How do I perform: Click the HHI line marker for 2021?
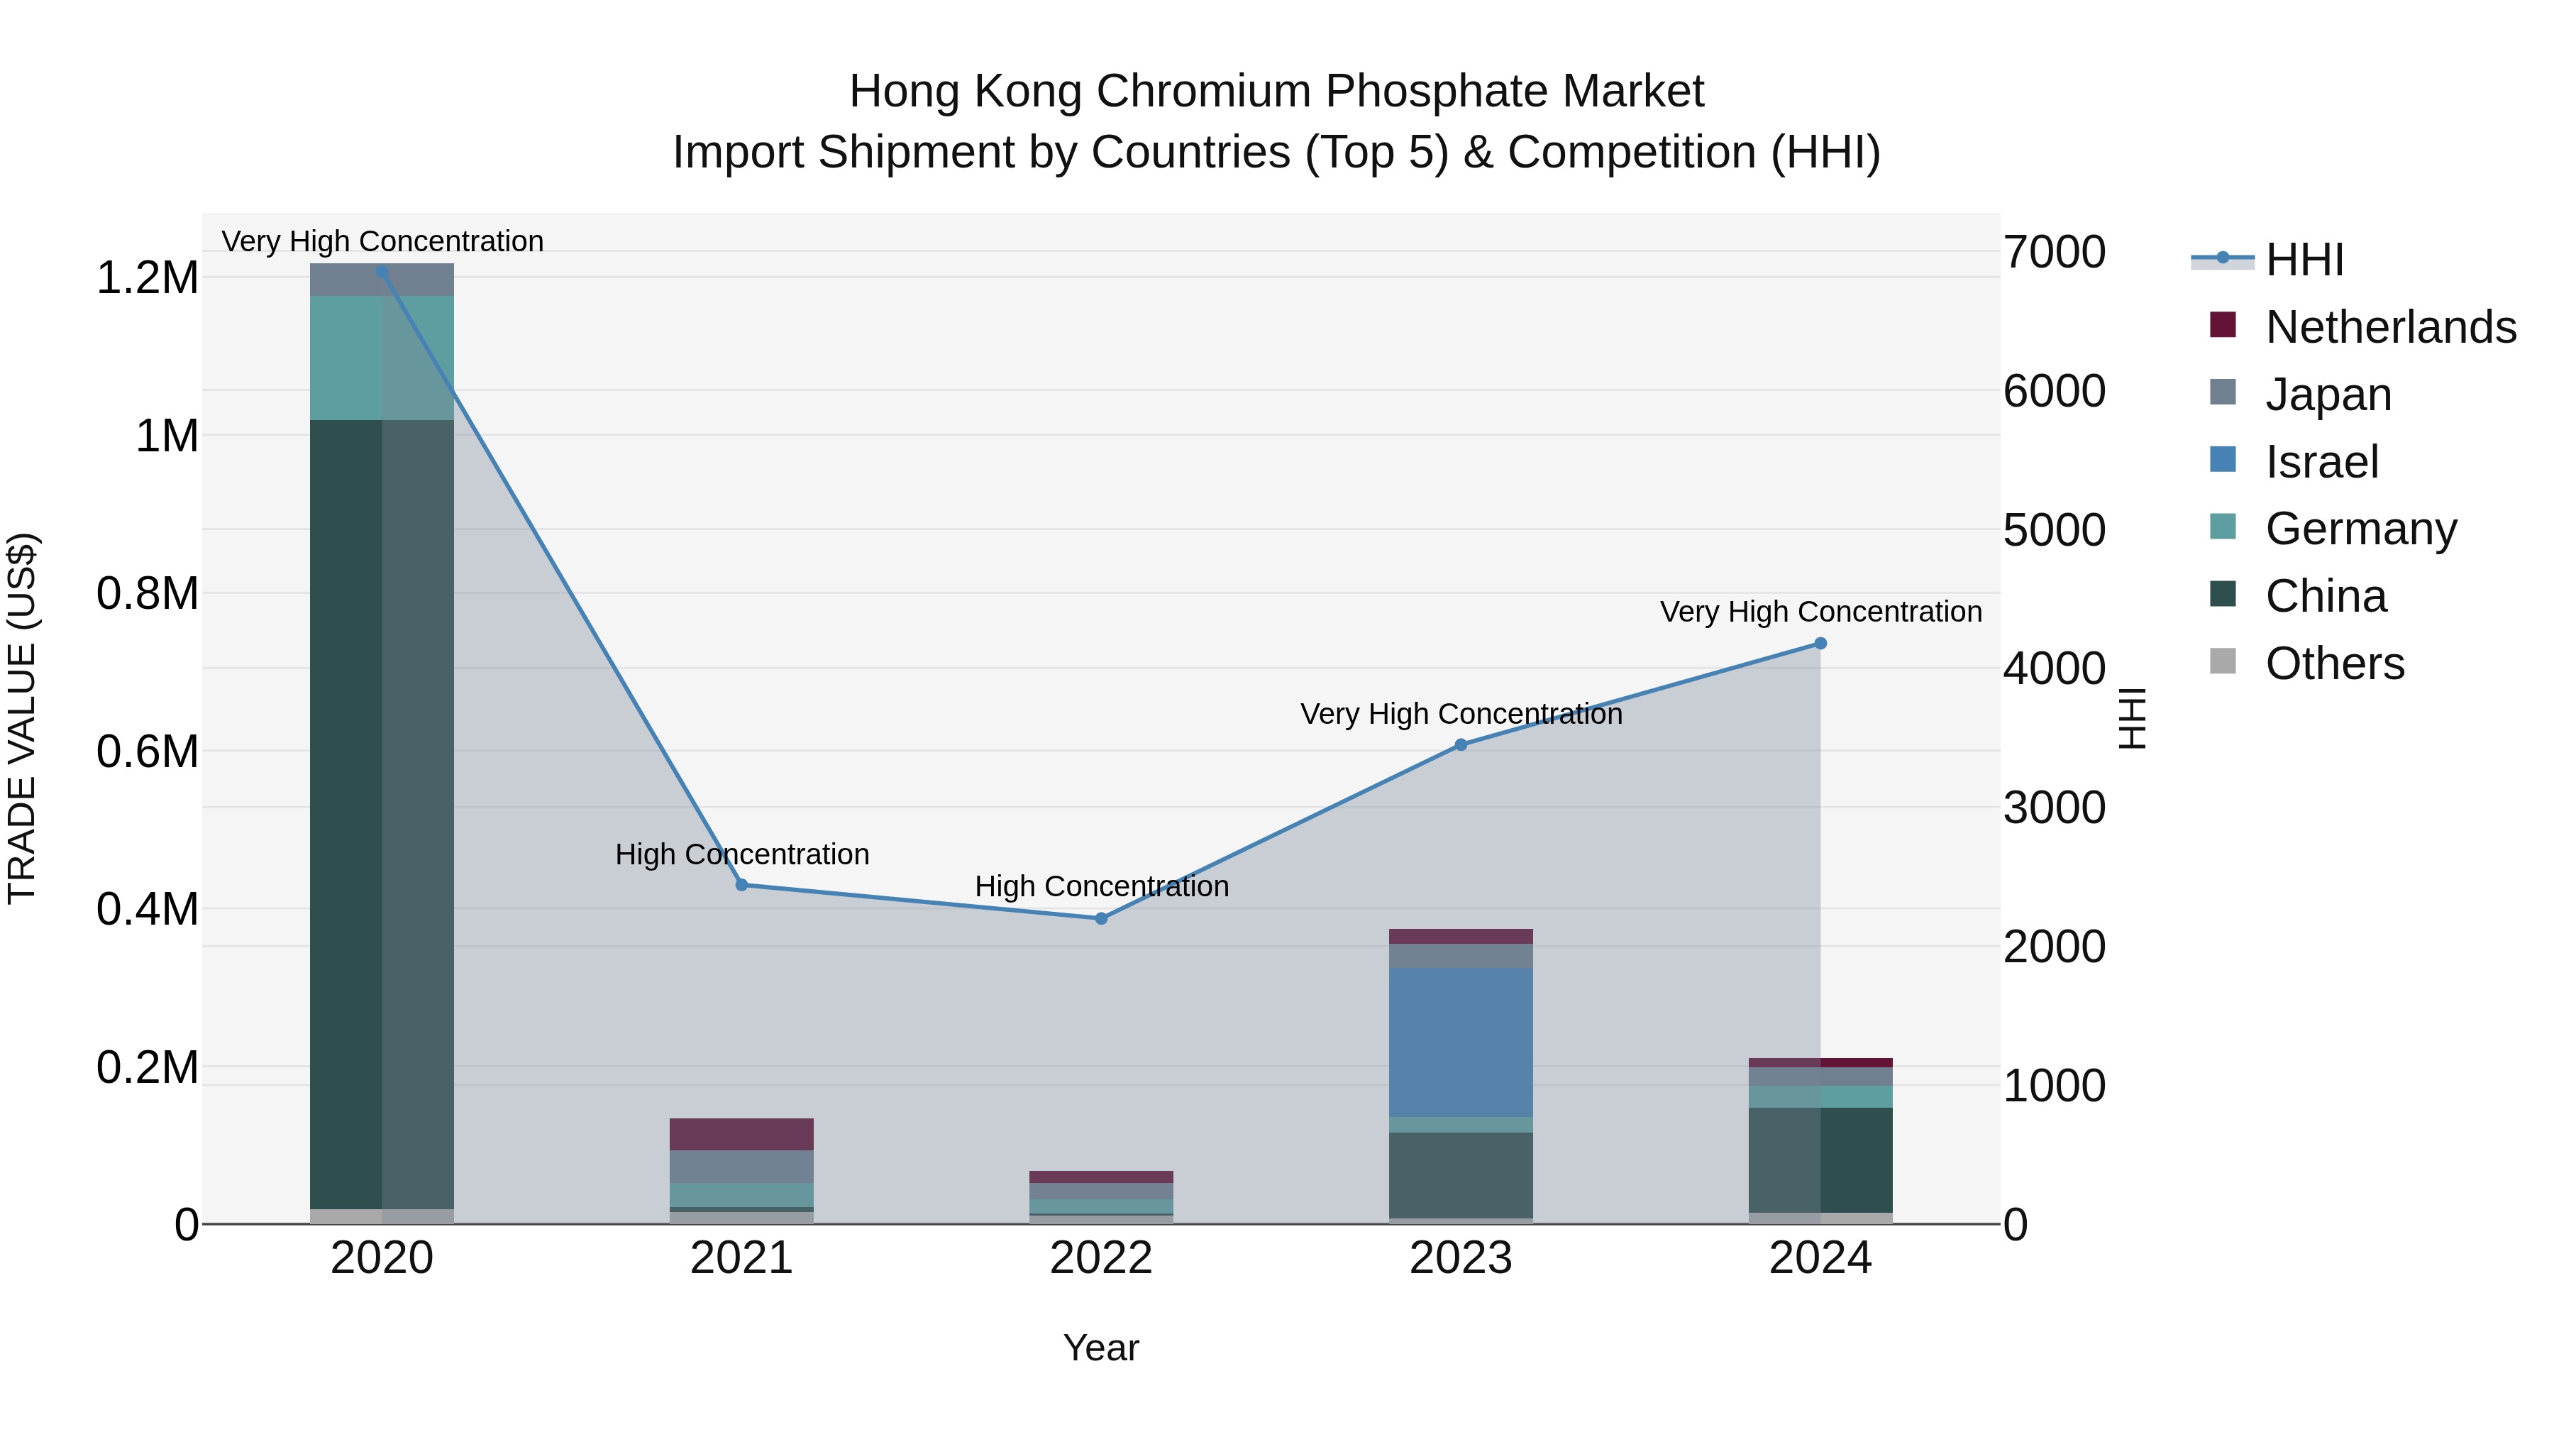pos(741,885)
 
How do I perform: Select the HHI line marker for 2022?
pos(1100,918)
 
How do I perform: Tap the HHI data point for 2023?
pos(1461,745)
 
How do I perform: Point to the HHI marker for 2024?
pos(1820,644)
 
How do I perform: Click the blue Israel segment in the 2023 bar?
pos(1461,1041)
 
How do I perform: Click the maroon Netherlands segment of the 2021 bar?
pos(741,1133)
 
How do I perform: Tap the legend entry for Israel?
pos(2321,462)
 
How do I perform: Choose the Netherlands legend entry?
pos(2389,327)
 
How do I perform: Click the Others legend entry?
pos(2334,664)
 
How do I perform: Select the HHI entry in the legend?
pos(2304,260)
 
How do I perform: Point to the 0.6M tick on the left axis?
pos(148,751)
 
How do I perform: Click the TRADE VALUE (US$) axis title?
pos(22,718)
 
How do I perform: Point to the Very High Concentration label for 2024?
pos(1820,612)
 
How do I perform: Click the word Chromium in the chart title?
pos(1219,92)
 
